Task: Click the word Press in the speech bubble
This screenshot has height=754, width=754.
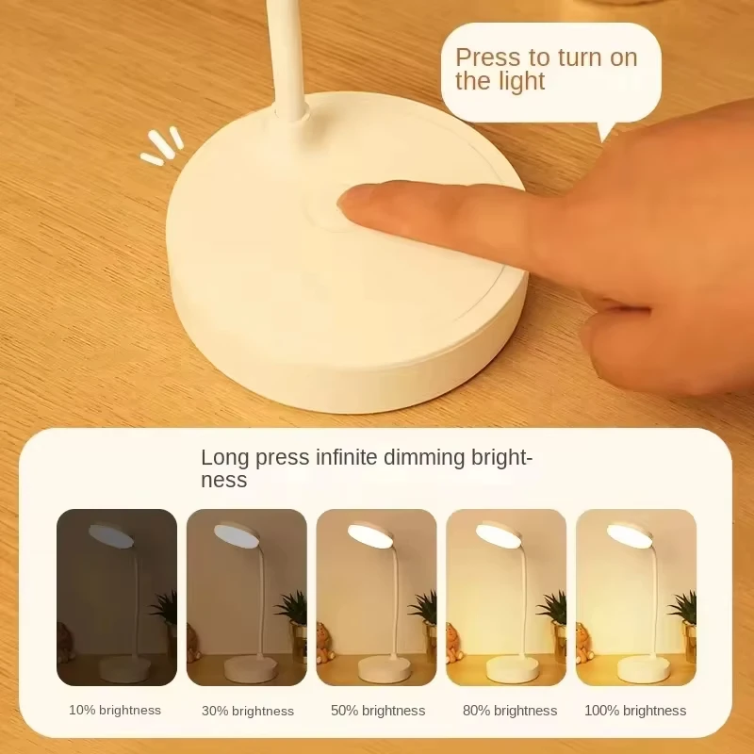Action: pyautogui.click(x=487, y=57)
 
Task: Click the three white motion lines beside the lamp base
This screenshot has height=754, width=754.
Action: pyautogui.click(x=161, y=144)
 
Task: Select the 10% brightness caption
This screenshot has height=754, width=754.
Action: pyautogui.click(x=115, y=711)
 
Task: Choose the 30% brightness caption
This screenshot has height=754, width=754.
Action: pyautogui.click(x=248, y=711)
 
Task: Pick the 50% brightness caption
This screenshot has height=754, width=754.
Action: pyautogui.click(x=378, y=711)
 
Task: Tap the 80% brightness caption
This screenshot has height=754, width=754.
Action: pyautogui.click(x=510, y=711)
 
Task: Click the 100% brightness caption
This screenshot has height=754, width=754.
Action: pyautogui.click(x=635, y=711)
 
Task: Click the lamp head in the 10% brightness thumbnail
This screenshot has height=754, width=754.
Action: pyautogui.click(x=111, y=535)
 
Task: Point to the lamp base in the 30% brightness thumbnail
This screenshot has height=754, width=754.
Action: pyautogui.click(x=250, y=668)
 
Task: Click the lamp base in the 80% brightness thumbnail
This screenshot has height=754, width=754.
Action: pyautogui.click(x=512, y=668)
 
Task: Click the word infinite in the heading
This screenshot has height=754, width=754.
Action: pyautogui.click(x=346, y=457)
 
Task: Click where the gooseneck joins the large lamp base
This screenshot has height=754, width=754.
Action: pyautogui.click(x=291, y=114)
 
